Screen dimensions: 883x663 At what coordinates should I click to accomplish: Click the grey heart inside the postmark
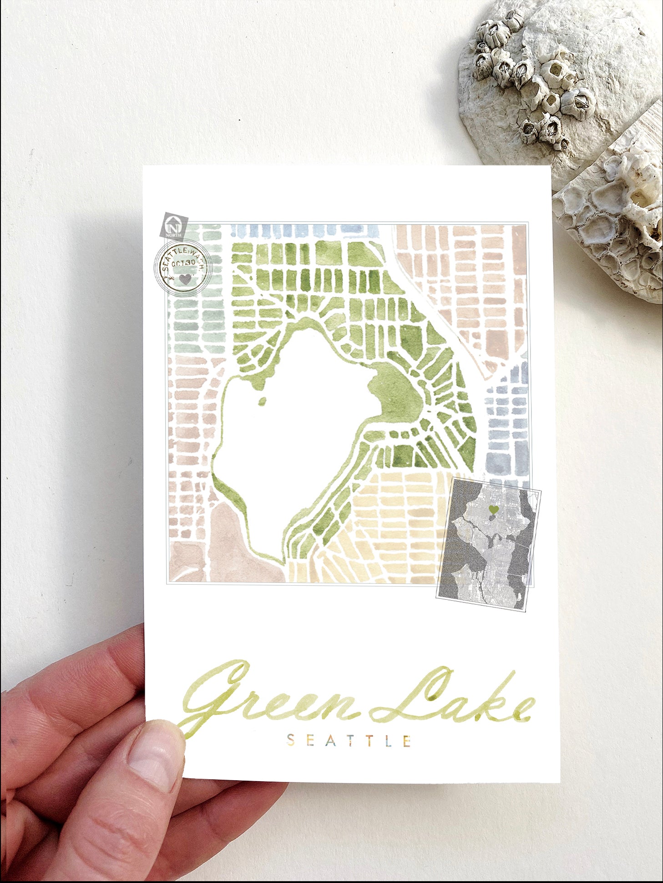point(185,278)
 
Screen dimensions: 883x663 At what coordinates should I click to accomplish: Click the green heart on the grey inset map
point(494,509)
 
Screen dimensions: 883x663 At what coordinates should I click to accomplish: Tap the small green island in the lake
point(262,401)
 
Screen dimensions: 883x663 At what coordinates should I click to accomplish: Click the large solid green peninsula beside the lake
point(398,396)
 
